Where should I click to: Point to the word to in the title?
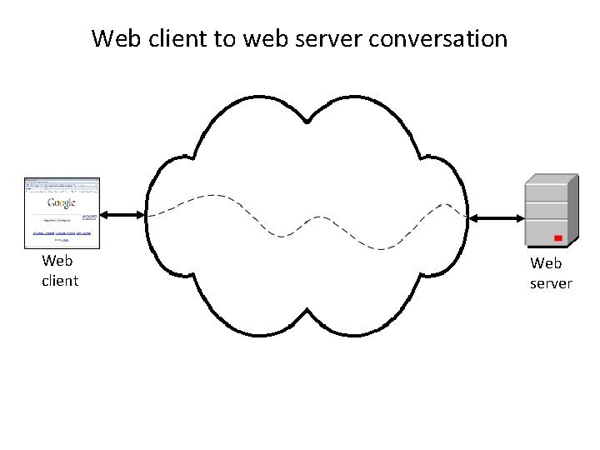[223, 38]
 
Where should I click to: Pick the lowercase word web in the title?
[263, 38]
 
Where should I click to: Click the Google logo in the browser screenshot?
[62, 202]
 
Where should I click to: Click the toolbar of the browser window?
[62, 185]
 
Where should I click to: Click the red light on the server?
[557, 238]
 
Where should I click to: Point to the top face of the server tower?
[551, 178]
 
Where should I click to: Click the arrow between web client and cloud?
[123, 215]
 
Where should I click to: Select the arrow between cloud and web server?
[495, 218]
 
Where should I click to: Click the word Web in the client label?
[57, 262]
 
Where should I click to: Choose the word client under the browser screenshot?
[60, 281]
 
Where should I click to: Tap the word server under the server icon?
[551, 283]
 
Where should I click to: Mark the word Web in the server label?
[547, 263]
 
